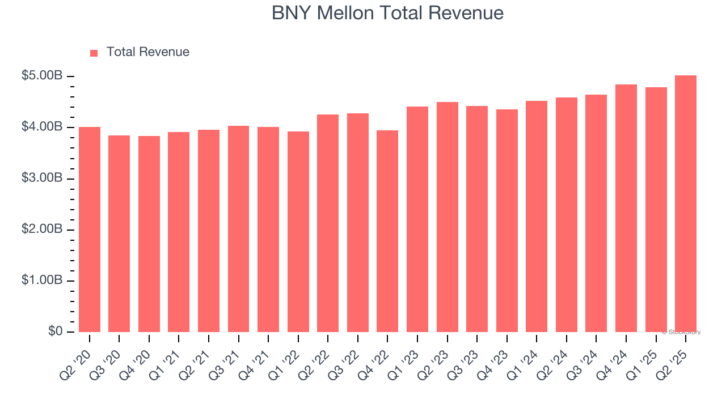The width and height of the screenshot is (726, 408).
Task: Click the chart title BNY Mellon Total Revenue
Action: tap(387, 13)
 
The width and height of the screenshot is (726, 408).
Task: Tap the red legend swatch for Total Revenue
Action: tap(94, 53)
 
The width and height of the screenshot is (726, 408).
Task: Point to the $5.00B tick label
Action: tap(41, 76)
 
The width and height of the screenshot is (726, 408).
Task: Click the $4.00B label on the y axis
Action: tap(41, 127)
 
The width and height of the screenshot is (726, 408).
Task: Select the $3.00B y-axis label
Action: tap(41, 178)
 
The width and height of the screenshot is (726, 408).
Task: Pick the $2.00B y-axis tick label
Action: tap(41, 229)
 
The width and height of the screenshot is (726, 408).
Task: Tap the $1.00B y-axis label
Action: tap(41, 280)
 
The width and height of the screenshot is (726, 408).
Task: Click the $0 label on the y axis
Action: tap(54, 331)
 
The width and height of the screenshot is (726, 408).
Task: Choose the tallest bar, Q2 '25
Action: tap(686, 204)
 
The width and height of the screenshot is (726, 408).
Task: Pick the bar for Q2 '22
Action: tap(328, 223)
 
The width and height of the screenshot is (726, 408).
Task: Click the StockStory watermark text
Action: tap(681, 333)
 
